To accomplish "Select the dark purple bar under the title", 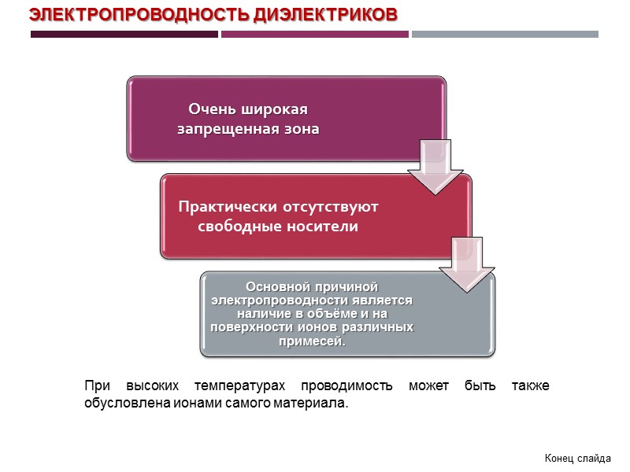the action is tap(124, 35).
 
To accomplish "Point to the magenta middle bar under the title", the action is tap(315, 35).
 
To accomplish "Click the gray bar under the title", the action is tap(505, 35).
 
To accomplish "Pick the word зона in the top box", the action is tap(302, 129).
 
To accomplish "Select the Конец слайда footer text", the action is tap(577, 458).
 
